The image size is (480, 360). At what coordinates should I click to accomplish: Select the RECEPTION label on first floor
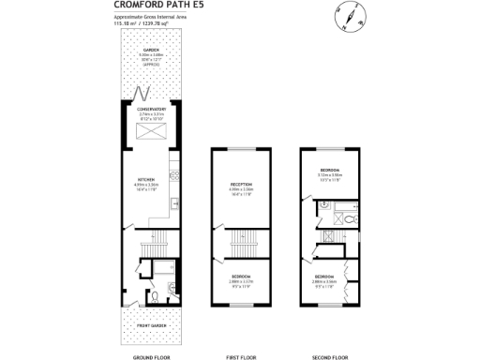click(x=242, y=184)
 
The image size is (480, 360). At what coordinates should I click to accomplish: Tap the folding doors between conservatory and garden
click(x=143, y=94)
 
